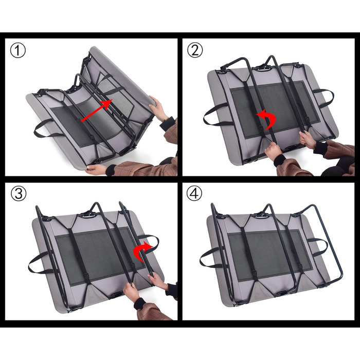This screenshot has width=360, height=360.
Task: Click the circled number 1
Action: point(18,50)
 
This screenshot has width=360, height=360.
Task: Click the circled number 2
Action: point(195,50)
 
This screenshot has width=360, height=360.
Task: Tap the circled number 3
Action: point(19,193)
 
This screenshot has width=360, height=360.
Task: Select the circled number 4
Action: point(194,193)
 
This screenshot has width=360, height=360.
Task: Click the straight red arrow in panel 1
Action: point(97,110)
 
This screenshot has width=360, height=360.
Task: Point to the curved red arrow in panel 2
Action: point(267,119)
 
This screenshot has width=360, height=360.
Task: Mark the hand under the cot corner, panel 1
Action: point(97,169)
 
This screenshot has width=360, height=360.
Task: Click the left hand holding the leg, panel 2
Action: point(273,150)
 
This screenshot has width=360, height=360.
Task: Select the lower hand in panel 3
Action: point(131,292)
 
